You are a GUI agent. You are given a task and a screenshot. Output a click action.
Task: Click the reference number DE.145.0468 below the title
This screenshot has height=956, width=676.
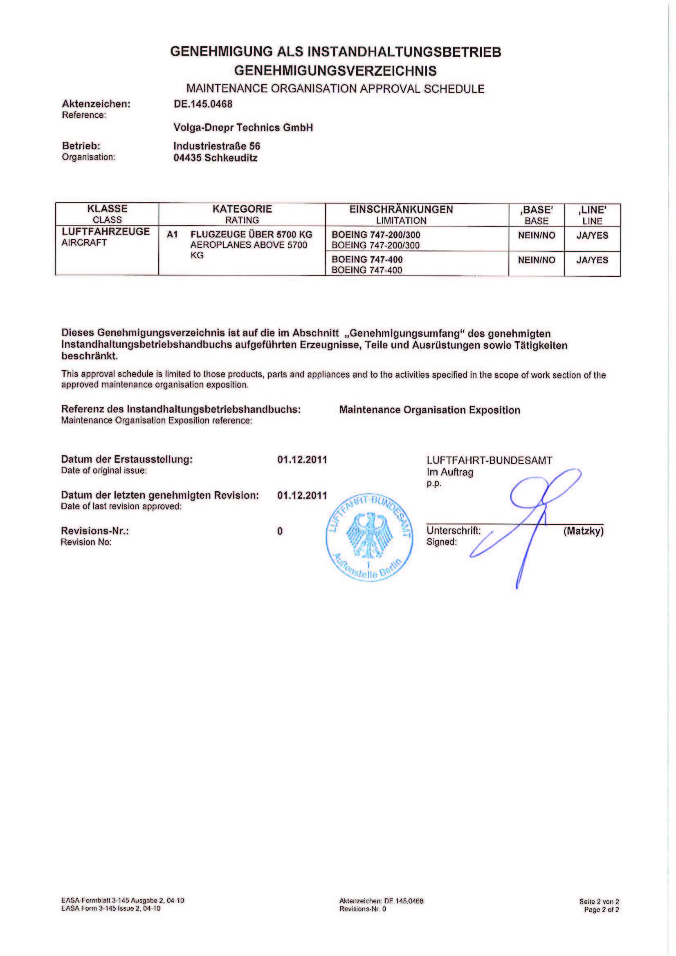[x=203, y=104]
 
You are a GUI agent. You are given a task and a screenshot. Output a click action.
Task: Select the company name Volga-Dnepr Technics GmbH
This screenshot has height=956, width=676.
[x=243, y=128]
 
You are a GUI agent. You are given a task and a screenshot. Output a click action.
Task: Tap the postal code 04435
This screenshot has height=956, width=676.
[x=187, y=158]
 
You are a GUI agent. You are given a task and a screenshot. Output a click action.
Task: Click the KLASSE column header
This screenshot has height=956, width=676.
[x=107, y=208]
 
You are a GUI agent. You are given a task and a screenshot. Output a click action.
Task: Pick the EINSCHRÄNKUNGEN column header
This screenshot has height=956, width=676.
[x=401, y=209]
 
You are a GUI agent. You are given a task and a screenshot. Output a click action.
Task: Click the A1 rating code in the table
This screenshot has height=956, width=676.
[x=172, y=235]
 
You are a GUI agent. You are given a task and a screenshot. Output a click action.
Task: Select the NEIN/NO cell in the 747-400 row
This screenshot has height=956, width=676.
[x=537, y=260]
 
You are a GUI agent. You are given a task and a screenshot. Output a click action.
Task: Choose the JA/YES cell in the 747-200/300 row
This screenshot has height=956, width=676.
[x=592, y=235]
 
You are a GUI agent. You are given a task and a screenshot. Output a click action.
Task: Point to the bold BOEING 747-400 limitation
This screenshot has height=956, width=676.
[x=367, y=260]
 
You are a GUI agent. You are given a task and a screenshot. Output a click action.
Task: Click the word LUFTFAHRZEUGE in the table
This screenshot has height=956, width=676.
[x=106, y=231]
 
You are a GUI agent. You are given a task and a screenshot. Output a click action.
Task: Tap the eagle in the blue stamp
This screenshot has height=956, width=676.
[x=369, y=535]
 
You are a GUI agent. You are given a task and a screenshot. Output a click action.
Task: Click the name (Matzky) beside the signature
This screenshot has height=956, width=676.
[x=583, y=531]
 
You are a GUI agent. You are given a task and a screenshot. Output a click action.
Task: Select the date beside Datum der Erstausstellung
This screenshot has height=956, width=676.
[x=302, y=460]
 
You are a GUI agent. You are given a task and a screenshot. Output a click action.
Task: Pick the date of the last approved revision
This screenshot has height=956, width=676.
[x=302, y=495]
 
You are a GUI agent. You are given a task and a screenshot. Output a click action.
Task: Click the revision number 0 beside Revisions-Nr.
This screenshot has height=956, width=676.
[x=280, y=531]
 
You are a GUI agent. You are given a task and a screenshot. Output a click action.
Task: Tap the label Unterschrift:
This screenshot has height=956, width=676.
[x=454, y=531]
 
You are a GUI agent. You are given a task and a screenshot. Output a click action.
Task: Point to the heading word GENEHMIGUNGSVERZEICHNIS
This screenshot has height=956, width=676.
[x=335, y=71]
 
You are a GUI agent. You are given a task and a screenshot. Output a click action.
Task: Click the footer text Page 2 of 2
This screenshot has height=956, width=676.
[x=601, y=909]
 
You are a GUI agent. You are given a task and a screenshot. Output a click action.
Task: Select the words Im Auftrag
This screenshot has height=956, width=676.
[x=450, y=472]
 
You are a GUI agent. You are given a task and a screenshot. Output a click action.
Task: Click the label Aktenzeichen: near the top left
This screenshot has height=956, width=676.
[x=96, y=104]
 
